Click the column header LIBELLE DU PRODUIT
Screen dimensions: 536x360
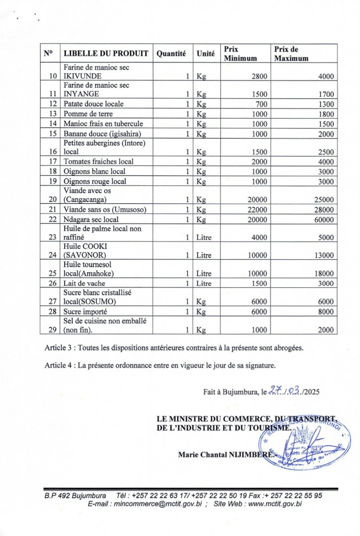[x=106, y=53]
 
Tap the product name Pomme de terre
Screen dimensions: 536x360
[x=88, y=114]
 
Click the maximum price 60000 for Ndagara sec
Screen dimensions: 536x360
[x=323, y=220]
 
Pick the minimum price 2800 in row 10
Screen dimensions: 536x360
[x=260, y=76]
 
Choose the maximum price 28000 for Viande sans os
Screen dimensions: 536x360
[x=323, y=210]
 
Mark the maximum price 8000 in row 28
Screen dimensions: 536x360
[x=325, y=312]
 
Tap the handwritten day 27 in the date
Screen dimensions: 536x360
[x=276, y=391]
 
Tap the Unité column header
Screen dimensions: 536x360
[x=205, y=53]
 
